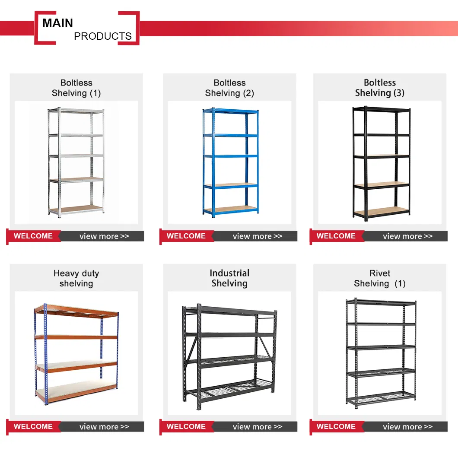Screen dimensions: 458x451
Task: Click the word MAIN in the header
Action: pos(57,23)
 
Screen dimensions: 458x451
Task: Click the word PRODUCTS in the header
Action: pos(102,36)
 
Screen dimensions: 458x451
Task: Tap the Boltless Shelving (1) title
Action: pos(76,88)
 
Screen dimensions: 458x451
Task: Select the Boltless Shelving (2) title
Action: pos(229,88)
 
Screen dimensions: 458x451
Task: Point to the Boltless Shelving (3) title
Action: pos(380,88)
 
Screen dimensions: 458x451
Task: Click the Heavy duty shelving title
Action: pos(76,278)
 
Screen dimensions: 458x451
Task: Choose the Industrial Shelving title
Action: pos(229,278)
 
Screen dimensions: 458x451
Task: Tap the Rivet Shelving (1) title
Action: pos(380,278)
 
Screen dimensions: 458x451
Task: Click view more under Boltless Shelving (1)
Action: pos(104,236)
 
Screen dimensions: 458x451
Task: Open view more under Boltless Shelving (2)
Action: pos(258,236)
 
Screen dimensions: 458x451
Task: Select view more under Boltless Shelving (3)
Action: pos(408,236)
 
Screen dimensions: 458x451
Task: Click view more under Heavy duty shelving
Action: pos(104,427)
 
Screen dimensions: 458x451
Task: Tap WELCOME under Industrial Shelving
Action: pos(186,426)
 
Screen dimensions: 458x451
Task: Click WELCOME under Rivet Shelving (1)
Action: pos(336,426)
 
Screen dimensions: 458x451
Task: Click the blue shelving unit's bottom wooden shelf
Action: pos(231,209)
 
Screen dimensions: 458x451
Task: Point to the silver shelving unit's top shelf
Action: pos(76,111)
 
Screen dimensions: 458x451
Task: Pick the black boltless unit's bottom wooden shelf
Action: pos(381,212)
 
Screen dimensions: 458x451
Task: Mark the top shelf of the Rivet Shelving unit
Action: pos(381,302)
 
